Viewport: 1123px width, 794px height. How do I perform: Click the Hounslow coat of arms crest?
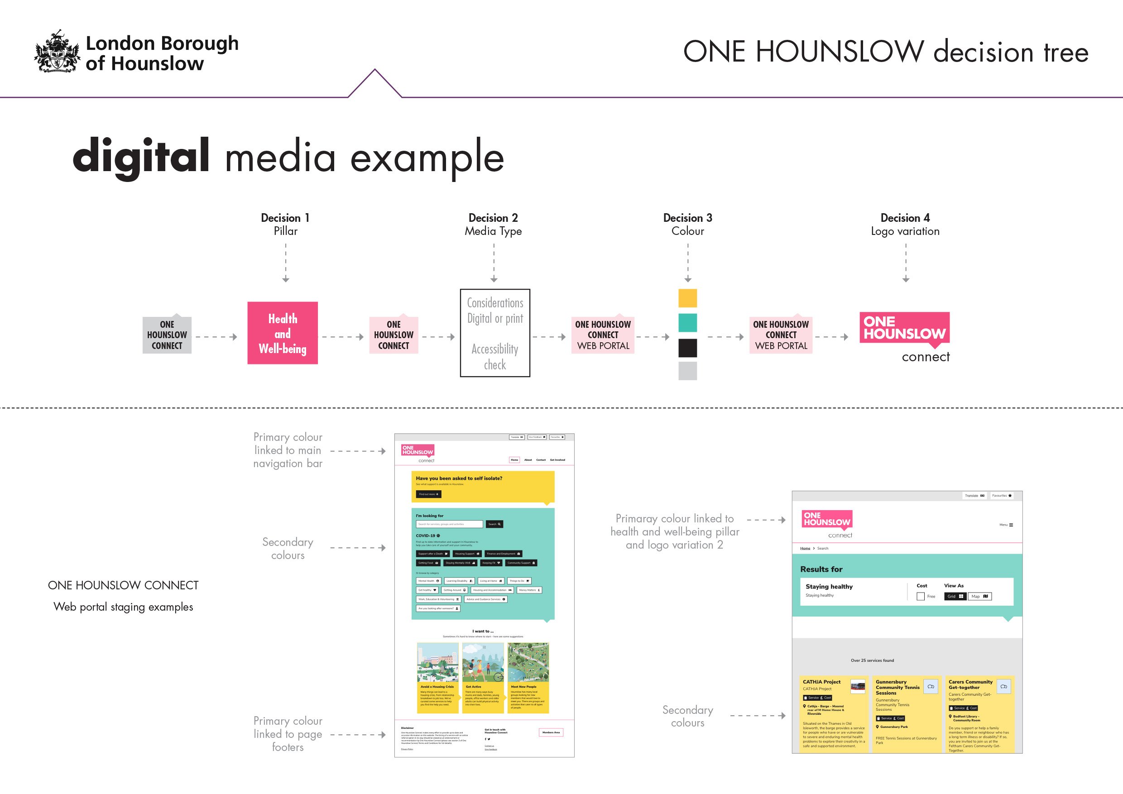click(57, 51)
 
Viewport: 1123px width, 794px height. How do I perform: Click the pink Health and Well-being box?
click(282, 333)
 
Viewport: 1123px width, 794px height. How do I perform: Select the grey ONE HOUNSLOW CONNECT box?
click(167, 335)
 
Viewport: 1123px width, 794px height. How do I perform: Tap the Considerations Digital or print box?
click(494, 333)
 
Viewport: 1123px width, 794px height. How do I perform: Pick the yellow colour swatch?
click(687, 298)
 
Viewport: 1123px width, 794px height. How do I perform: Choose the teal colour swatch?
click(687, 323)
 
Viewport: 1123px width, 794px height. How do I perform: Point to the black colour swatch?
click(687, 348)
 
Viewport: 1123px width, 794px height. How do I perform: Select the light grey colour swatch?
click(687, 371)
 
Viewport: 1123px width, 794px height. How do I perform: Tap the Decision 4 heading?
click(905, 218)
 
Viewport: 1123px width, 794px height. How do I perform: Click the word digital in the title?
click(141, 156)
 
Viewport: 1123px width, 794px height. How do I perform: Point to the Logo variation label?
click(905, 231)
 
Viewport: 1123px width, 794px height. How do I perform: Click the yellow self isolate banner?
click(483, 486)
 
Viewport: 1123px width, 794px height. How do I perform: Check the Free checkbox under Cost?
click(921, 597)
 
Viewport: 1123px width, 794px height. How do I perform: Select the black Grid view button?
click(955, 597)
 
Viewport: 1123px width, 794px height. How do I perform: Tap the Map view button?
click(979, 597)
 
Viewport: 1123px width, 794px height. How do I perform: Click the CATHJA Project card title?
click(822, 682)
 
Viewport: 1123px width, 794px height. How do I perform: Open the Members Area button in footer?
click(551, 732)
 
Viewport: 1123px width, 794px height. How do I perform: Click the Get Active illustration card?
click(483, 677)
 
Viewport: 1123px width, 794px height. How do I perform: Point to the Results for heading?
click(821, 569)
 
